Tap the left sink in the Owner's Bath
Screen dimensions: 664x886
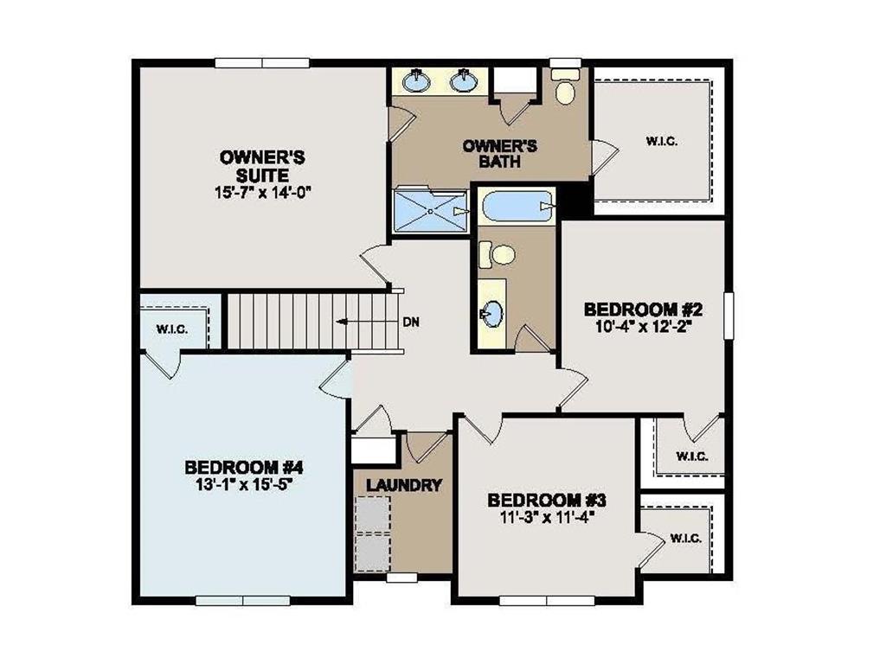pos(417,82)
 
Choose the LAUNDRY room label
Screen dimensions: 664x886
pos(403,485)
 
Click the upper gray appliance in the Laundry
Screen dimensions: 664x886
pos(373,513)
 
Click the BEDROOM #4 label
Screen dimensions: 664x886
pos(242,467)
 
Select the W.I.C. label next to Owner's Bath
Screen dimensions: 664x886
pos(661,141)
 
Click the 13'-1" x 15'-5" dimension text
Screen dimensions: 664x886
pos(242,484)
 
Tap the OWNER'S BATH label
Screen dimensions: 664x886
pos(499,153)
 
